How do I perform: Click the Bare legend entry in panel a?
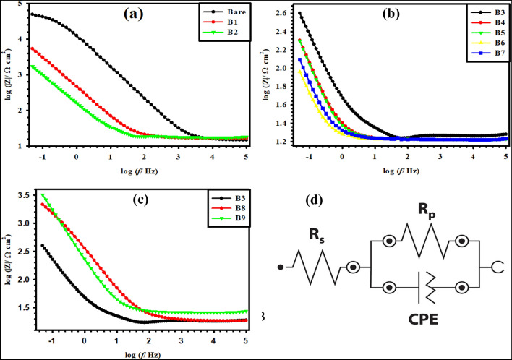click(x=225, y=12)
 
